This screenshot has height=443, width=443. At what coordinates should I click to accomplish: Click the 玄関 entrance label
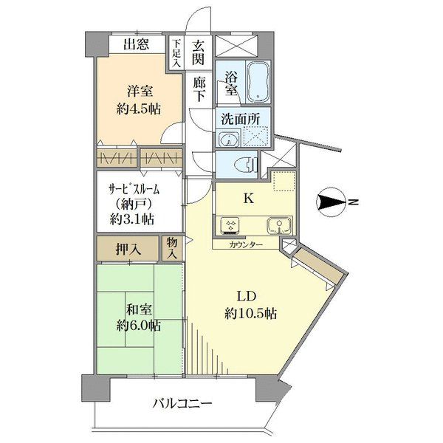(198, 52)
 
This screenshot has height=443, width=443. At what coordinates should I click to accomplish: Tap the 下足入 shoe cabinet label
(176, 53)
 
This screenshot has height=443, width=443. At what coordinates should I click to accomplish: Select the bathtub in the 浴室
(258, 81)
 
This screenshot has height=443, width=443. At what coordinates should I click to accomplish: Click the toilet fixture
(246, 164)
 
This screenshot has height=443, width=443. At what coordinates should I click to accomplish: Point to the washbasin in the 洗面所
(229, 139)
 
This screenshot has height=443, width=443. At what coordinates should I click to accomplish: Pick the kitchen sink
(279, 226)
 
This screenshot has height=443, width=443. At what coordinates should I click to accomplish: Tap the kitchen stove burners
(230, 226)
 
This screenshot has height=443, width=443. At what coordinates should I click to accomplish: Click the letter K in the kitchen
(248, 199)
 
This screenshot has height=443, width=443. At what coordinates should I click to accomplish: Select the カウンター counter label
(246, 244)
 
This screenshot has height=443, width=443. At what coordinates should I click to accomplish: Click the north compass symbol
(331, 202)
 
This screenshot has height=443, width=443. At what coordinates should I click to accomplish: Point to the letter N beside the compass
(353, 202)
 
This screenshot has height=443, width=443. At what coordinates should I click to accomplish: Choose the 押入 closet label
(128, 249)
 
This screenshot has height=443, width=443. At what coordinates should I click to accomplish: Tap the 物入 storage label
(172, 248)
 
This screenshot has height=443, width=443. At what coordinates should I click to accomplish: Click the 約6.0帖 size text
(139, 326)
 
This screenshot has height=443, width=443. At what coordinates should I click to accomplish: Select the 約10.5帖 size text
(250, 313)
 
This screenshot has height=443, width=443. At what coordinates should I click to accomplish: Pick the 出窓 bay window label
(136, 44)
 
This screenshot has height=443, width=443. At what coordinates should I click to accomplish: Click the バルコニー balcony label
(182, 404)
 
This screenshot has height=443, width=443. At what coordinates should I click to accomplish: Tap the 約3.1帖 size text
(132, 219)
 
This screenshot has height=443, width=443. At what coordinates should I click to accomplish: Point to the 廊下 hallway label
(199, 89)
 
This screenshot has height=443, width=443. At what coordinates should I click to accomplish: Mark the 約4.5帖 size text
(139, 109)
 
